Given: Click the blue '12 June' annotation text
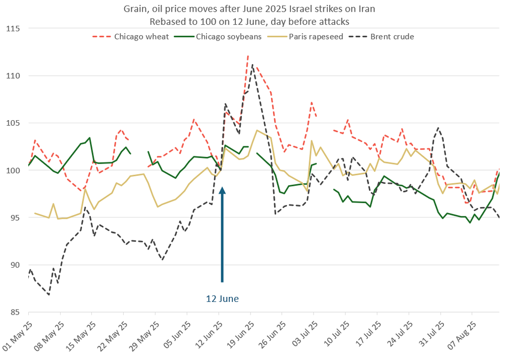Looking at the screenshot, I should tap(222, 299).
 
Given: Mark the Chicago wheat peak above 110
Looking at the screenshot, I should tap(248, 56).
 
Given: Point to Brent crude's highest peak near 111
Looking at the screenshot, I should tap(252, 65).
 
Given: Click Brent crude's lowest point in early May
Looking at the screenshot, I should tap(48, 295).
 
